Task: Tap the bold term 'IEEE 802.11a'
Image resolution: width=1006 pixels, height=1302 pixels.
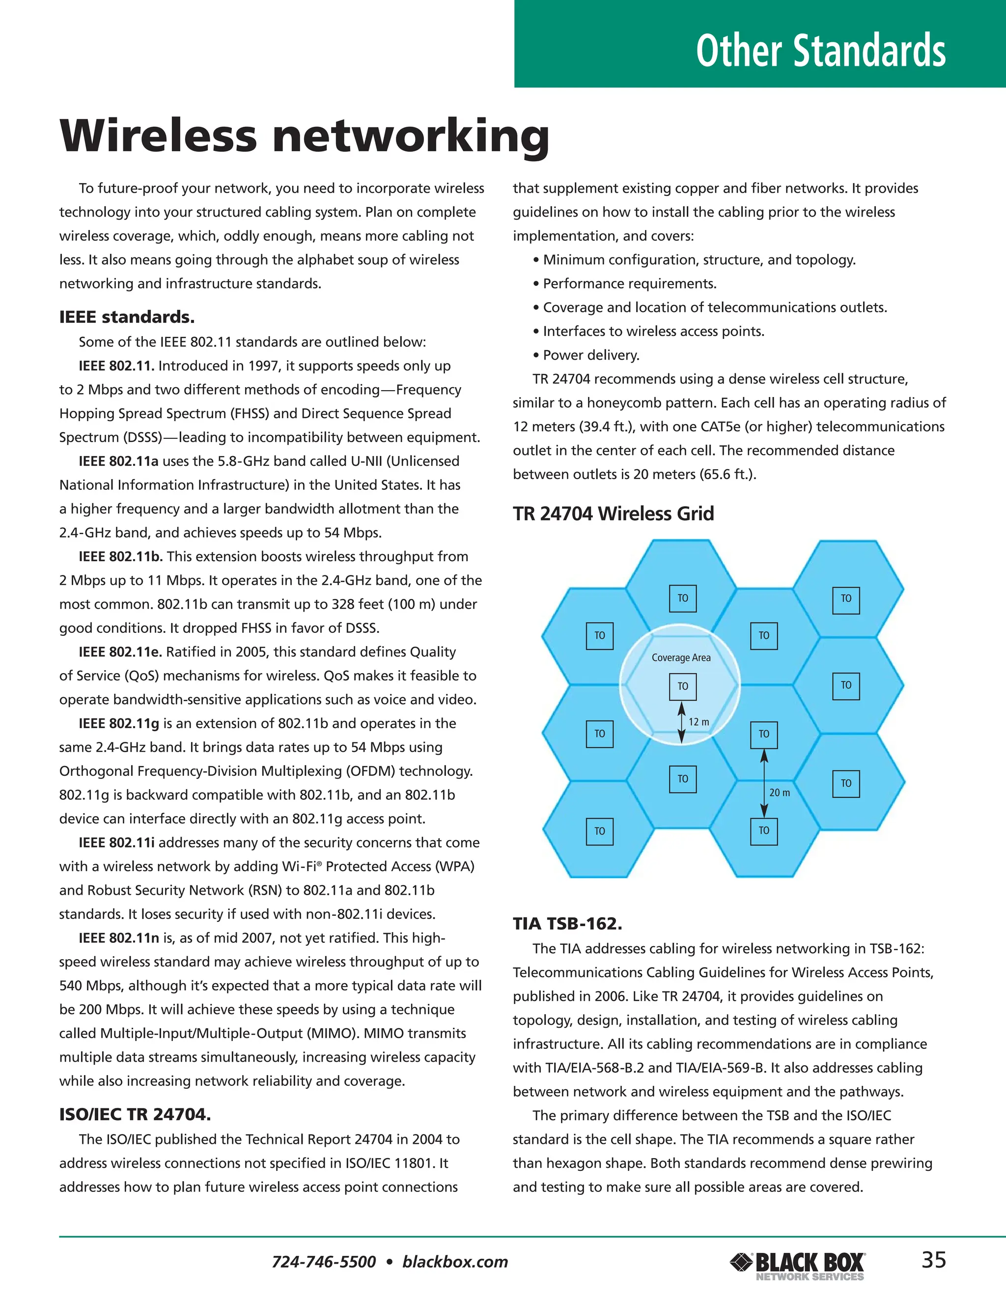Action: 118,461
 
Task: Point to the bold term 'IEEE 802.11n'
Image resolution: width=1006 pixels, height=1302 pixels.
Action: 118,938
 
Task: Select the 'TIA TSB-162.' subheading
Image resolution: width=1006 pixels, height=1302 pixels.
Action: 567,924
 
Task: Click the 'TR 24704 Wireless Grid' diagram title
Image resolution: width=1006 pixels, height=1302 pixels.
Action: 613,513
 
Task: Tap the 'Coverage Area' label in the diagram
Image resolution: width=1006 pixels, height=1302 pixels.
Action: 681,657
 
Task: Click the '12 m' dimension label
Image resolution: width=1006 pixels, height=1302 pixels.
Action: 699,722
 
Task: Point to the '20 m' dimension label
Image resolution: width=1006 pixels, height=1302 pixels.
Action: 779,793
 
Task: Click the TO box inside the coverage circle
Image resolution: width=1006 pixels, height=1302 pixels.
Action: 682,686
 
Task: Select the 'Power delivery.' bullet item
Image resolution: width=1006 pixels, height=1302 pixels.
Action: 590,355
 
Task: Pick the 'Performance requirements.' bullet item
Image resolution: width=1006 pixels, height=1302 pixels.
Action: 629,284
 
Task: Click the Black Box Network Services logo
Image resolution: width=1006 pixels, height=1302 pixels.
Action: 797,1265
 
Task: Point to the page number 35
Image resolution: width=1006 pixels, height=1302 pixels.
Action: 933,1260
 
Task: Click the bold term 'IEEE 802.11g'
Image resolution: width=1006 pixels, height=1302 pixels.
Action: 118,723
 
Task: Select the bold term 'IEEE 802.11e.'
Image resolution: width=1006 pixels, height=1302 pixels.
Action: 120,651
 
